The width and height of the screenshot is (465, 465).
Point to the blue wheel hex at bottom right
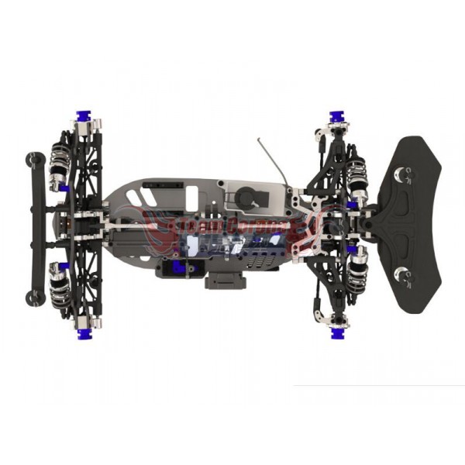(x=337, y=332)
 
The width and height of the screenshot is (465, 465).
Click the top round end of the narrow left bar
(x=34, y=159)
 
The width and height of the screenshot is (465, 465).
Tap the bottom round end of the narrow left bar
(x=34, y=294)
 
